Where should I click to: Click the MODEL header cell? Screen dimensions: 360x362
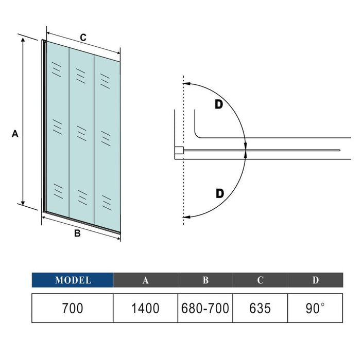click(73, 280)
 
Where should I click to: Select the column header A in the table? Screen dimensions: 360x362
click(146, 280)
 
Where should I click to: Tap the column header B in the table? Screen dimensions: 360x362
click(205, 280)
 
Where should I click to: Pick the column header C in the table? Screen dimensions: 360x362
click(261, 280)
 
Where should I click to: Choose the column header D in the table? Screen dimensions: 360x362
click(316, 280)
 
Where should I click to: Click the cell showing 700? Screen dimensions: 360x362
click(73, 309)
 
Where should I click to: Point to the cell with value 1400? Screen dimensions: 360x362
click(146, 309)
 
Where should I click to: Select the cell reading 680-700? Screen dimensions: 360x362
click(205, 309)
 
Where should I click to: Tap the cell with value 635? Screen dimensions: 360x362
click(261, 309)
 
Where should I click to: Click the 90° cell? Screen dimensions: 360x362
click(316, 309)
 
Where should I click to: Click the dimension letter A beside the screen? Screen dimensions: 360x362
click(15, 134)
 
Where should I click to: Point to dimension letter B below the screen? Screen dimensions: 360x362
click(77, 233)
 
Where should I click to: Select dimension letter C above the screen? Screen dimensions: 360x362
click(82, 37)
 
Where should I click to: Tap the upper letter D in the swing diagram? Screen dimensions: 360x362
click(219, 104)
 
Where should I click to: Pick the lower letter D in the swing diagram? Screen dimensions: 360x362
click(220, 193)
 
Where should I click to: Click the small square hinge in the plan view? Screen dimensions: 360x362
click(179, 150)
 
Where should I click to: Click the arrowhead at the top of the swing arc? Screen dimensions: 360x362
click(186, 82)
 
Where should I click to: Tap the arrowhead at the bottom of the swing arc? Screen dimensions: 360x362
click(186, 217)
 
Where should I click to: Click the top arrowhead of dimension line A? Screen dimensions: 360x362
click(23, 39)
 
